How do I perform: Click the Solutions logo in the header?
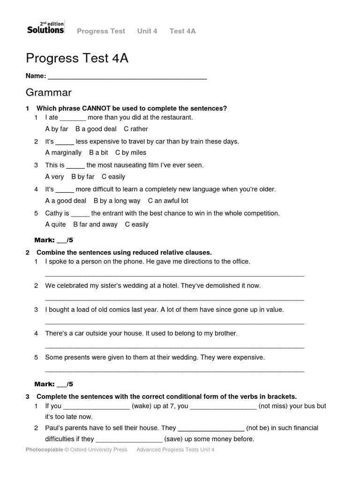point(45,28)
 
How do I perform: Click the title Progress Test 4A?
point(77,59)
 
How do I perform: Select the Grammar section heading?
point(49,92)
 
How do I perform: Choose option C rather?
point(136,129)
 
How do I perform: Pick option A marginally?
point(63,153)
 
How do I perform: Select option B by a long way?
point(117,201)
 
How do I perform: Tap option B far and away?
point(95,225)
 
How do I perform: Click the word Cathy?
point(54,213)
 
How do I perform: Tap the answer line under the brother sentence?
point(174,347)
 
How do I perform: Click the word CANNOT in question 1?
point(95,108)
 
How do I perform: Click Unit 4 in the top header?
point(147,31)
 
